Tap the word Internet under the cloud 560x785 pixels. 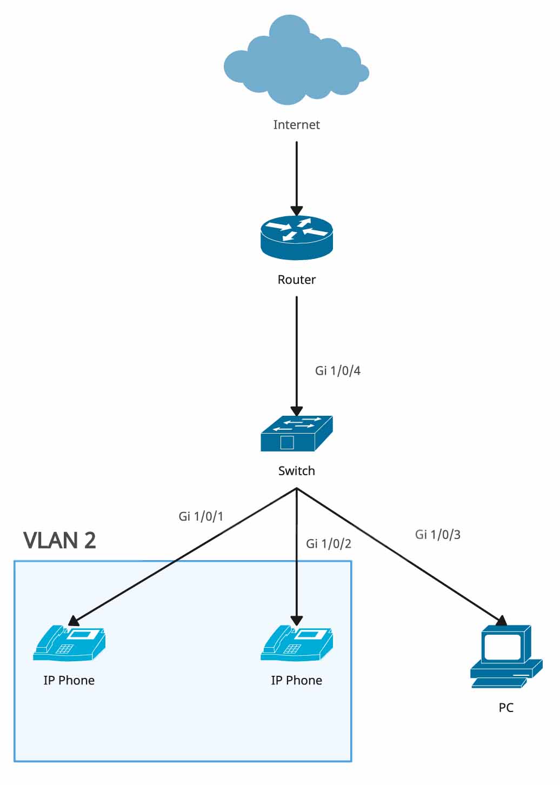point(296,125)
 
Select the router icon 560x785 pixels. point(296,237)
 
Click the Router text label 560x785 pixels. point(296,280)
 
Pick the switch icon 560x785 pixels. point(296,433)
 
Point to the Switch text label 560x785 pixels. point(296,471)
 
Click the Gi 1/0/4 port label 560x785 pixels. point(338,371)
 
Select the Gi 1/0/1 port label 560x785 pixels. point(201,516)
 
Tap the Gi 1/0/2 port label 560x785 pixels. point(328,543)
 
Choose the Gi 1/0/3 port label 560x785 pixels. point(438,535)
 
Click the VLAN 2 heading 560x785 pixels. point(59,541)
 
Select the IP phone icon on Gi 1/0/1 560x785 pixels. point(69,643)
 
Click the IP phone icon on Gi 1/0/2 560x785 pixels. point(296,643)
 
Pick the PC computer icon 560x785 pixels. point(506,656)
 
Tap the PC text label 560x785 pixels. point(506,708)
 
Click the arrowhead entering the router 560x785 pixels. point(296,211)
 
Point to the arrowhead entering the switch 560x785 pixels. point(296,411)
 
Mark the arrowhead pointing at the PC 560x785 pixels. point(501,621)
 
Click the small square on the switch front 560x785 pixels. point(287,443)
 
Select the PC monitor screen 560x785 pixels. point(501,646)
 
